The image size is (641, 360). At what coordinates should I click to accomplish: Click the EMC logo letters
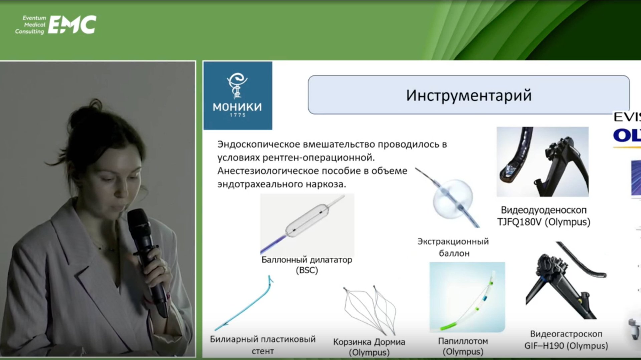(72, 25)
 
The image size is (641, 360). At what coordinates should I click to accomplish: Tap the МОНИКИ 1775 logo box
(238, 96)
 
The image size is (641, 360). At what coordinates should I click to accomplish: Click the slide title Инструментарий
(468, 95)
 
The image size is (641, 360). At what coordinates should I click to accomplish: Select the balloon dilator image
(306, 224)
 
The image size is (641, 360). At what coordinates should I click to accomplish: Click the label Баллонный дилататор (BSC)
(306, 265)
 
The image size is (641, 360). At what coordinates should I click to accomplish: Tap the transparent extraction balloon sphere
(453, 199)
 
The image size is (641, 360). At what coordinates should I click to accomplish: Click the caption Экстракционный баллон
(453, 247)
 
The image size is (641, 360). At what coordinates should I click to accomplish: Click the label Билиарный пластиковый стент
(262, 345)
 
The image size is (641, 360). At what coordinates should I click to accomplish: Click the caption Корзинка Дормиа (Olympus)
(369, 347)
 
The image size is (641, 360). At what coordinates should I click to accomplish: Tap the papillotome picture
(467, 297)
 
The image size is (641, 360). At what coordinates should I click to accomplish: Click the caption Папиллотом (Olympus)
(463, 346)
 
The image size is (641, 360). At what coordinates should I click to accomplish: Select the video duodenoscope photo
(542, 161)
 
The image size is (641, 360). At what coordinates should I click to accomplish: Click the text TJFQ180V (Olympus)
(544, 222)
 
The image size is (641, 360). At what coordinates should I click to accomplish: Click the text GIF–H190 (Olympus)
(566, 346)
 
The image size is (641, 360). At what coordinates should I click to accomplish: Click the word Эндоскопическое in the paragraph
(259, 144)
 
